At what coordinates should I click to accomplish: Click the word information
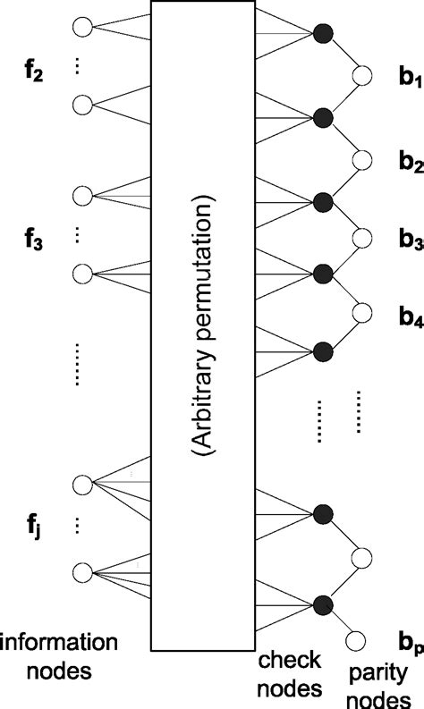pyautogui.click(x=59, y=642)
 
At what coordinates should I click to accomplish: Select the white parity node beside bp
pyautogui.click(x=356, y=641)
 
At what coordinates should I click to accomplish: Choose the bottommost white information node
pyautogui.click(x=82, y=571)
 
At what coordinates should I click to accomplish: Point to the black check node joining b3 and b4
pyautogui.click(x=324, y=273)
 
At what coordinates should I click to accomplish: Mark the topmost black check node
pyautogui.click(x=324, y=35)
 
